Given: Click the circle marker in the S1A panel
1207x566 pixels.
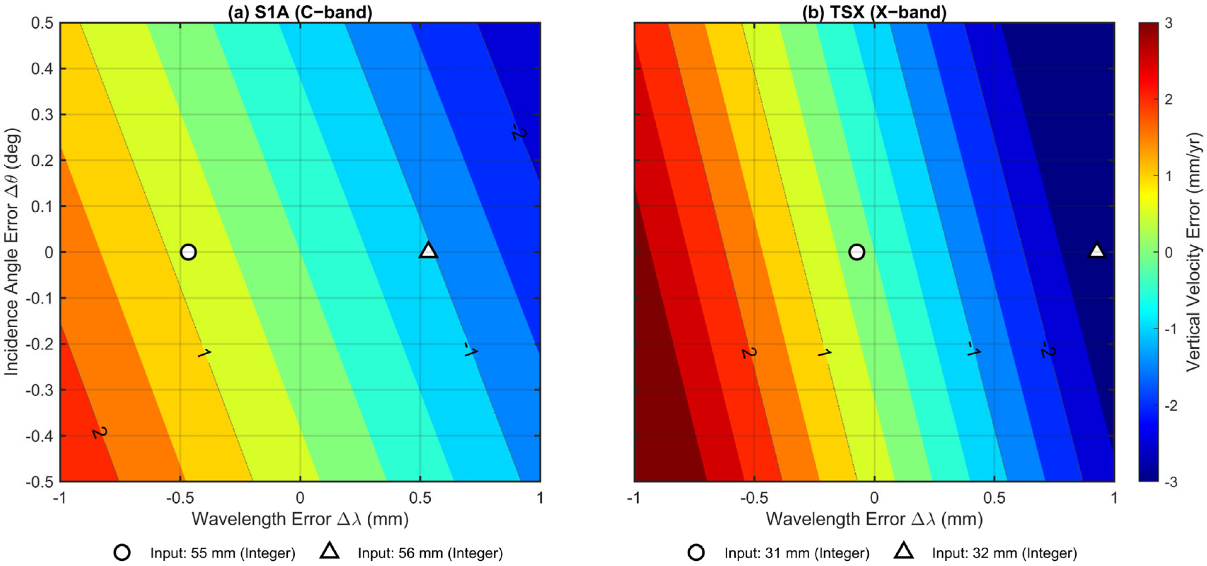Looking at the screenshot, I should click(x=188, y=252).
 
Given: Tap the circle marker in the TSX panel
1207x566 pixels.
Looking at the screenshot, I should click(x=857, y=252).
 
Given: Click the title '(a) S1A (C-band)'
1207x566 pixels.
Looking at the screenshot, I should click(x=300, y=12).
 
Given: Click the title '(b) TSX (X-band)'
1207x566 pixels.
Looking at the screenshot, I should click(x=874, y=12).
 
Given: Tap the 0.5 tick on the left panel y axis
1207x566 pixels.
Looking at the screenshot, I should click(x=42, y=23).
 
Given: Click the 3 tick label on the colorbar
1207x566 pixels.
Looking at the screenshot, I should click(x=1168, y=23).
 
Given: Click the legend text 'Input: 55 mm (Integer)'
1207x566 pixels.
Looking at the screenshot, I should click(x=223, y=553).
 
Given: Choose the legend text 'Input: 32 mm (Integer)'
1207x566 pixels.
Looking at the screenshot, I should click(x=1004, y=553).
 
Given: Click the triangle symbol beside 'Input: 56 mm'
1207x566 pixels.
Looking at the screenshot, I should click(x=329, y=551).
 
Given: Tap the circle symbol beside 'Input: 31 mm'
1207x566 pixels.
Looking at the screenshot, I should click(x=696, y=553).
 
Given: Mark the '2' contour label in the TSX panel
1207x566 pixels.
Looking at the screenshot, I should click(x=749, y=352).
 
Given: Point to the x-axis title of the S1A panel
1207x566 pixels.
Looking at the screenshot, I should click(x=300, y=519).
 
